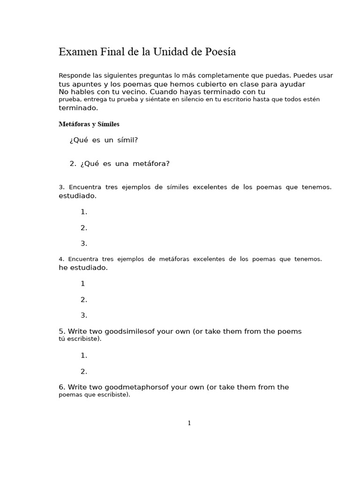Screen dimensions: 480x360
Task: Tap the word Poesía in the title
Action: tap(220, 52)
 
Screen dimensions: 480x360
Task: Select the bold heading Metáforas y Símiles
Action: tap(89, 124)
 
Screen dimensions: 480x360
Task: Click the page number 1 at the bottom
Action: tap(189, 423)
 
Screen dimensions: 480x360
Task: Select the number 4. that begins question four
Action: tap(61, 259)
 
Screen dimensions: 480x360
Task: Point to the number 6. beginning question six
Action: tap(62, 387)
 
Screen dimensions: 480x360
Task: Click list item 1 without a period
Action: tap(83, 284)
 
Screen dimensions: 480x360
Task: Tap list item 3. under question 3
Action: tap(84, 243)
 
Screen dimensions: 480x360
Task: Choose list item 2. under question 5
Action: tap(84, 372)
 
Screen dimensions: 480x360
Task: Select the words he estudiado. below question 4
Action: tap(83, 268)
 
